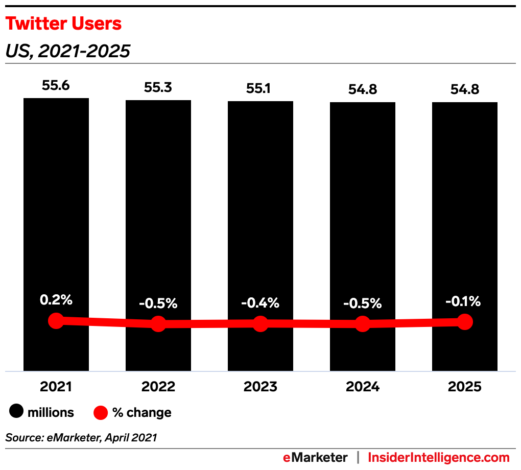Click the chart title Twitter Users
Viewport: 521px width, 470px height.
[63, 24]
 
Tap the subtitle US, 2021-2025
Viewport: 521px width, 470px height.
[67, 51]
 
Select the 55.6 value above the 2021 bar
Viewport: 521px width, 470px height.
[56, 85]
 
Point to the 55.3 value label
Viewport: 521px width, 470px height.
[158, 87]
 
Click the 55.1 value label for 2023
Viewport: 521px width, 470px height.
[260, 88]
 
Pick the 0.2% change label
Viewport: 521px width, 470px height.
[56, 300]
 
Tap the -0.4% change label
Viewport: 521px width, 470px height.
[260, 302]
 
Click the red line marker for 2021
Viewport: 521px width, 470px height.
[56, 321]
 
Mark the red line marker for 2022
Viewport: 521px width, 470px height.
[158, 323]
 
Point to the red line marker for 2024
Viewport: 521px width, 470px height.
[363, 323]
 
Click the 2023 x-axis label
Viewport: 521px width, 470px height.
[260, 387]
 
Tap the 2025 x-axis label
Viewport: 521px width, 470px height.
[465, 387]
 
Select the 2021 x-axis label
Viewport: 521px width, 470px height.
[56, 387]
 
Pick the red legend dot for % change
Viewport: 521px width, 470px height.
[101, 412]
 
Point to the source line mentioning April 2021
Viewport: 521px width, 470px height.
[81, 437]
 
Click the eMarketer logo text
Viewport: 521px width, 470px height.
[315, 457]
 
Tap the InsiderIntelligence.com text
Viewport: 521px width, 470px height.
[439, 457]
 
